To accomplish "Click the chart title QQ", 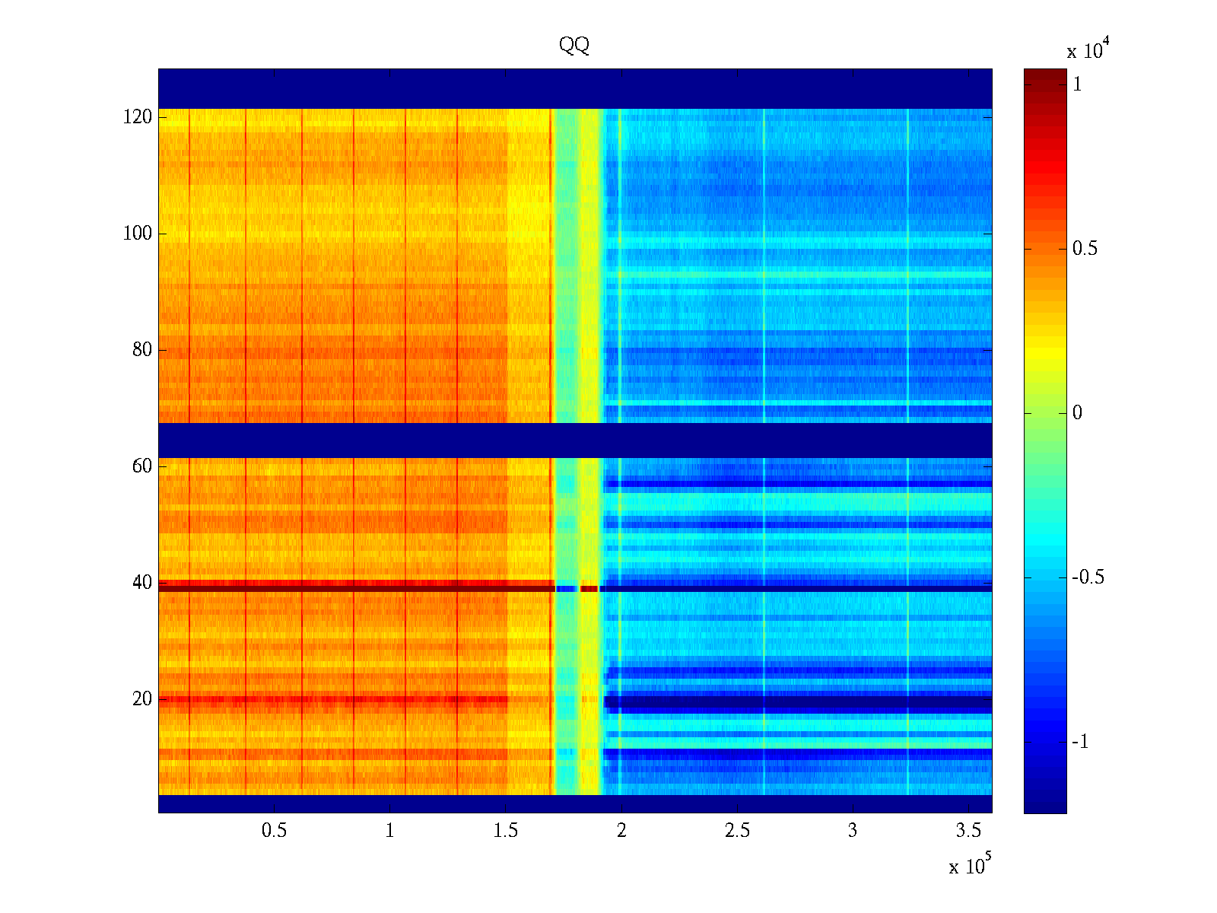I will point(574,46).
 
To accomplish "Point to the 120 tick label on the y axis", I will point(138,117).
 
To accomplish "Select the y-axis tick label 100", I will point(138,234).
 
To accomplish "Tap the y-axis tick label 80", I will point(142,350).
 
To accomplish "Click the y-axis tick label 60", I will point(142,466).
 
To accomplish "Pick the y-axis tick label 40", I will point(142,583).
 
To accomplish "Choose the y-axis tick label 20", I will point(142,699).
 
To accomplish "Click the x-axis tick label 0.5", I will point(274,831).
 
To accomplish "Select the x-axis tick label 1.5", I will point(506,831).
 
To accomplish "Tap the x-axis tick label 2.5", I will point(737,831).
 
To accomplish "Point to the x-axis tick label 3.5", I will point(968,831).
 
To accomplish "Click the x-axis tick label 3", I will point(853,831).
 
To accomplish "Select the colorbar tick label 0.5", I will point(1085,250).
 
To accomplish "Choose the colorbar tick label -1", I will point(1080,742).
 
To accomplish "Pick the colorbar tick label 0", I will point(1077,413).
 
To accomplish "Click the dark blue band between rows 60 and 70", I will point(575,440).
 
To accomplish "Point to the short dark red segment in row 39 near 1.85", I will point(589,588).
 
